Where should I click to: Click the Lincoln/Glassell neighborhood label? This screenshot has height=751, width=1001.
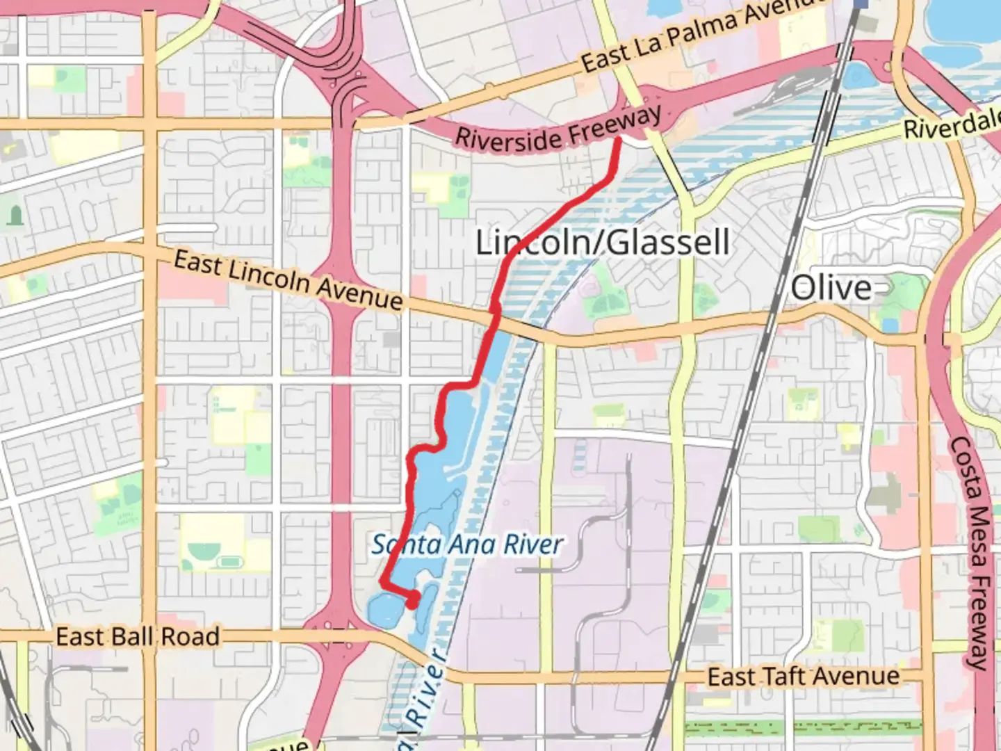(x=602, y=243)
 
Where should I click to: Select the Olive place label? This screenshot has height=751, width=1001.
(x=831, y=287)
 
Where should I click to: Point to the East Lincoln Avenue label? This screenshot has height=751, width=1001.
(x=288, y=280)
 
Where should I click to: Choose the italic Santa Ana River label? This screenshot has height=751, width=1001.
(x=466, y=544)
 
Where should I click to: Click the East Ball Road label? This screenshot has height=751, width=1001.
(x=138, y=636)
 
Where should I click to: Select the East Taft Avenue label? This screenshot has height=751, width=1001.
(x=803, y=676)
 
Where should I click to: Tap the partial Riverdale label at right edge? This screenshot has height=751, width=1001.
(x=951, y=124)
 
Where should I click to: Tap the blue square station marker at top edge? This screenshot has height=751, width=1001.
(x=861, y=3)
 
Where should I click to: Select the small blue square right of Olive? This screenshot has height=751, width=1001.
(x=890, y=325)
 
